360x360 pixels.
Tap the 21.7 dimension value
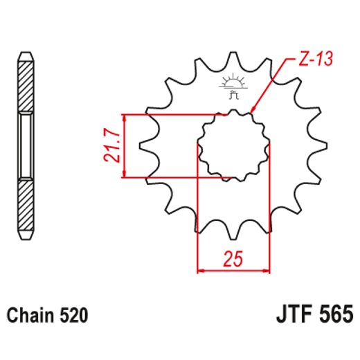click(111, 145)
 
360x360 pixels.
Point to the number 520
click(73, 316)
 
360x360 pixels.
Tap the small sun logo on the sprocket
click(233, 82)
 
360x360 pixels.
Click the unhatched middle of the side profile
click(25, 145)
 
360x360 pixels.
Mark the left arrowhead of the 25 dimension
click(201, 270)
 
